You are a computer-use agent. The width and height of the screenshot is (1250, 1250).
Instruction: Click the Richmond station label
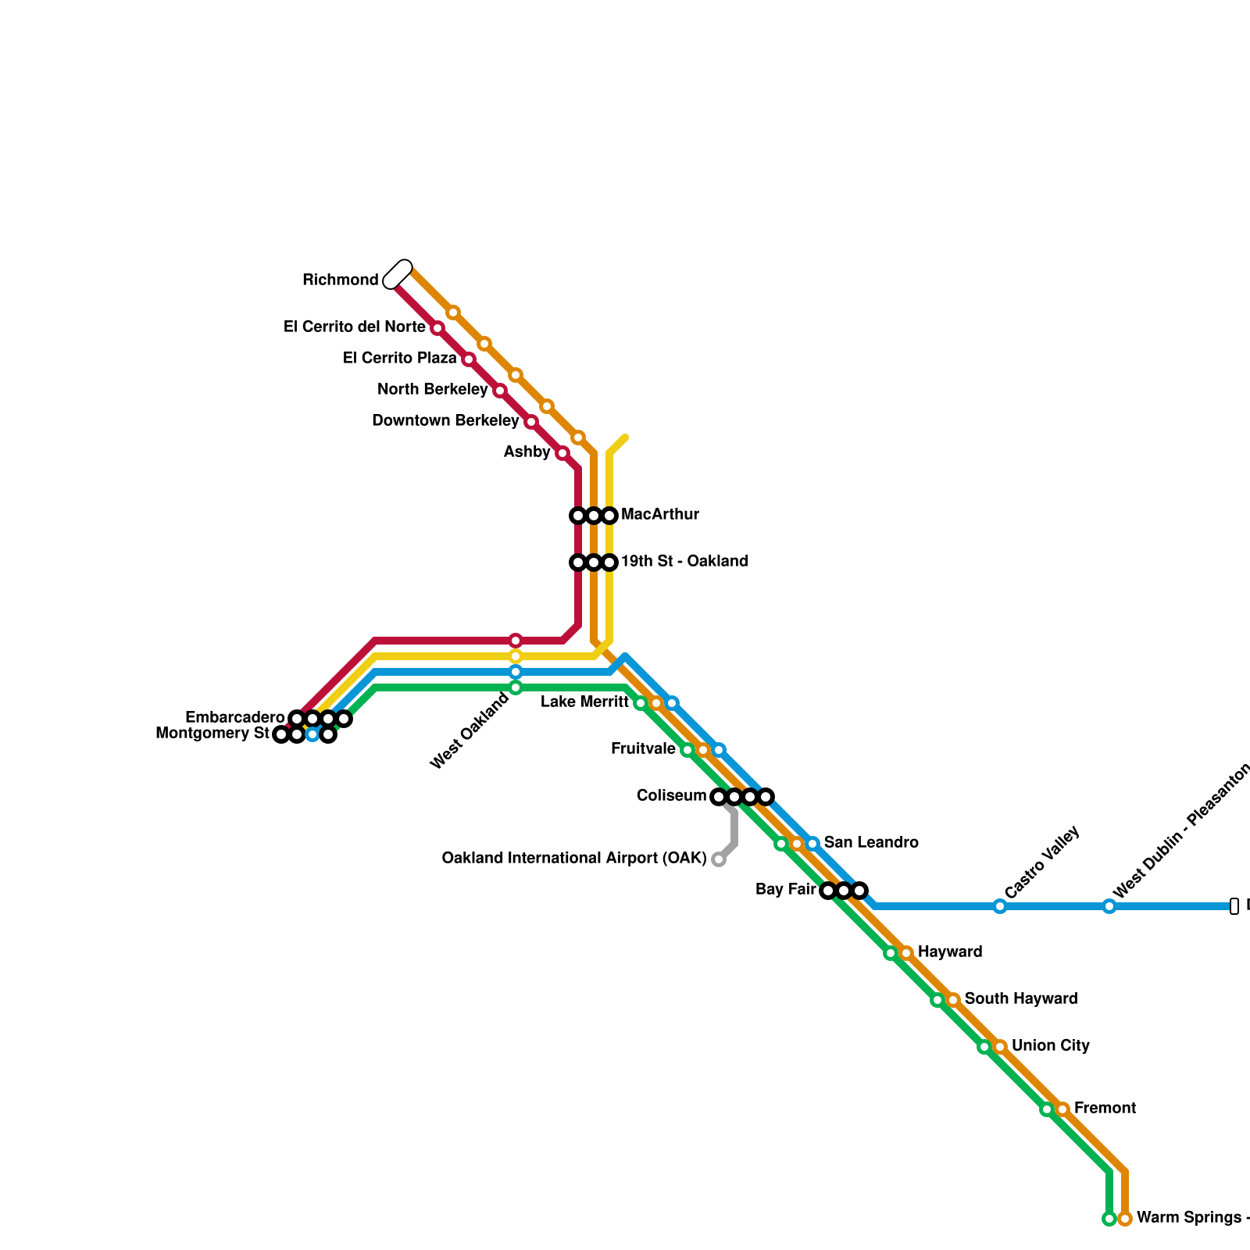tap(340, 280)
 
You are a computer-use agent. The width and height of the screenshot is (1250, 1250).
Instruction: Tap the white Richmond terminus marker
tap(398, 274)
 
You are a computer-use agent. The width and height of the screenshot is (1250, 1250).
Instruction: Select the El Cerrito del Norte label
tap(354, 327)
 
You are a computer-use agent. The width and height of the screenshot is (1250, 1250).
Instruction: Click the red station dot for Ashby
tap(562, 453)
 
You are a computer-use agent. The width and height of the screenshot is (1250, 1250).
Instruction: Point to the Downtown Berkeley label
tap(445, 420)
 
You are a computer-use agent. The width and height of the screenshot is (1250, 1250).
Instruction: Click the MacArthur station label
tap(659, 514)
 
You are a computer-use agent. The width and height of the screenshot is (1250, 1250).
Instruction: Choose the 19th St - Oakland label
tap(684, 561)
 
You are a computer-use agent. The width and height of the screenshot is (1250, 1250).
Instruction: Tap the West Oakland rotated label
tap(470, 731)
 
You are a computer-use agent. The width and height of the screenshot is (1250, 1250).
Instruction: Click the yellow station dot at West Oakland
tap(516, 656)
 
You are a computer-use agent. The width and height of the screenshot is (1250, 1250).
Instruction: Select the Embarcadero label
tap(234, 717)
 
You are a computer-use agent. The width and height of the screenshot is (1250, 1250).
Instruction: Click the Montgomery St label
tap(212, 733)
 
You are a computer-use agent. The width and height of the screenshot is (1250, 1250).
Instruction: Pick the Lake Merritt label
tap(584, 702)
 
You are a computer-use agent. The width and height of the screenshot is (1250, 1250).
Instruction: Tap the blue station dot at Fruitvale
tap(719, 750)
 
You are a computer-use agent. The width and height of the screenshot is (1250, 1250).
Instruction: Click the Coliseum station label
tap(671, 795)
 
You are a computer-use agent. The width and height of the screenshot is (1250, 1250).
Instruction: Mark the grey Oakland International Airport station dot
tap(719, 860)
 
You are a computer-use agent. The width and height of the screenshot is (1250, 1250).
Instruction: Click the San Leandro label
tap(871, 842)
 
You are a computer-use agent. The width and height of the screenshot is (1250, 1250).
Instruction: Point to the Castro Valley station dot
tap(1000, 906)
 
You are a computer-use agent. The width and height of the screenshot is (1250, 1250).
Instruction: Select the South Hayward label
tap(1021, 998)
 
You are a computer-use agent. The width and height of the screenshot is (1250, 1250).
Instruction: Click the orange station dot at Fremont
tap(1062, 1109)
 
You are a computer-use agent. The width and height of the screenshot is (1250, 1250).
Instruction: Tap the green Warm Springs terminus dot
tap(1109, 1219)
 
